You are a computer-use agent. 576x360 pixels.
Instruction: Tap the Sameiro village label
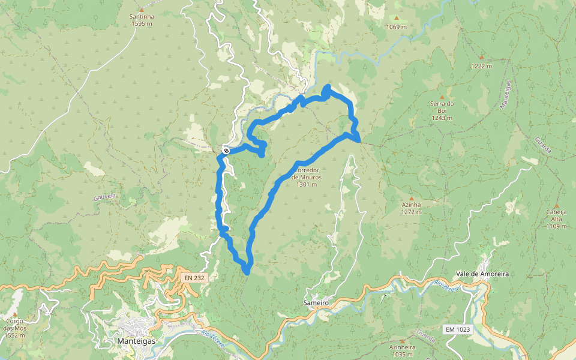(316, 304)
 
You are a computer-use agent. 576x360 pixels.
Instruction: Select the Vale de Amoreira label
(482, 274)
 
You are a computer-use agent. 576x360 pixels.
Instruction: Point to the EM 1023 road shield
(458, 329)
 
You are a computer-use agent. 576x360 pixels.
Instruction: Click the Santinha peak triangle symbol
(141, 10)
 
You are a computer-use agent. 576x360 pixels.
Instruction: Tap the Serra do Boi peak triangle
(442, 97)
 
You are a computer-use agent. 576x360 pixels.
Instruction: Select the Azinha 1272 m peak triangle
(412, 198)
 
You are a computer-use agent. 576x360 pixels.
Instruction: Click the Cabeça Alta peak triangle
(556, 205)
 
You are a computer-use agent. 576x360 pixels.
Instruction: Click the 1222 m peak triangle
(481, 58)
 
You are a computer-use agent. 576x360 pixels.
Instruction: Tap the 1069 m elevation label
(397, 27)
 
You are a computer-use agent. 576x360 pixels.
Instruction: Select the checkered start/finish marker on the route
(226, 151)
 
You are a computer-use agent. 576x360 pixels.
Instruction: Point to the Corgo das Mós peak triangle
(14, 314)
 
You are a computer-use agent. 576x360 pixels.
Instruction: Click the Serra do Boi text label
(442, 107)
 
